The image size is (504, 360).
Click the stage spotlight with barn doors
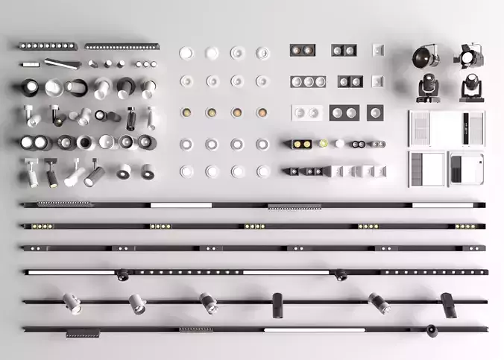[x=469, y=54]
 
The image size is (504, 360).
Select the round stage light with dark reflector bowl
[x=426, y=56]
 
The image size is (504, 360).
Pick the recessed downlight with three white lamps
[x=308, y=81]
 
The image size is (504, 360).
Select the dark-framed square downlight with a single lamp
[x=375, y=112]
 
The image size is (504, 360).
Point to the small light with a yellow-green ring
[x=324, y=143]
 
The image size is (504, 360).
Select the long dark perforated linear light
[x=122, y=46]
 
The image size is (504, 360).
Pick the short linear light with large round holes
[x=48, y=46]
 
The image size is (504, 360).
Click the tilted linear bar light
[x=61, y=63]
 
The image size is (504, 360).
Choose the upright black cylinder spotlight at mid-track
[x=277, y=303]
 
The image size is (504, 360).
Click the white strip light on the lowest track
[x=314, y=329]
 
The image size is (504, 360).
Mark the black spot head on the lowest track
[x=432, y=330]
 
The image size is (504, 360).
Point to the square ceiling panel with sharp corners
[x=426, y=168]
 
